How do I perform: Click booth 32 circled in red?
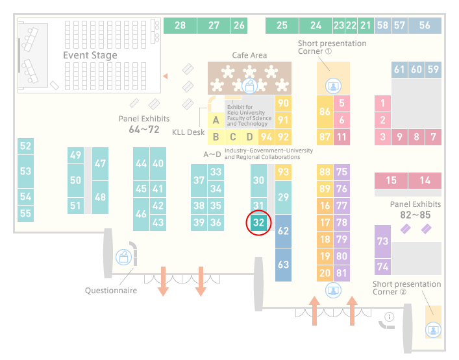pyautogui.click(x=259, y=222)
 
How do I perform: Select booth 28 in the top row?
pyautogui.click(x=180, y=25)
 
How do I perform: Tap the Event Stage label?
pyautogui.click(x=90, y=55)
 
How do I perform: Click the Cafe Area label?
pyautogui.click(x=249, y=55)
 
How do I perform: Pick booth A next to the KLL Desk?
pyautogui.click(x=216, y=120)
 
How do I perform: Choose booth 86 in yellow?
pyautogui.click(x=325, y=112)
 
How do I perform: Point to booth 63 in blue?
pyautogui.click(x=283, y=265)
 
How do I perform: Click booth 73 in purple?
pyautogui.click(x=382, y=241)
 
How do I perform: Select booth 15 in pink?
pyautogui.click(x=391, y=180)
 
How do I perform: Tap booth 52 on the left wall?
pyautogui.click(x=25, y=146)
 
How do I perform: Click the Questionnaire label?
pyautogui.click(x=111, y=291)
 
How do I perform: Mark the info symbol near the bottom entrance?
pyautogui.click(x=390, y=317)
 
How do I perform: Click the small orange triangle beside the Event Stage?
pyautogui.click(x=166, y=77)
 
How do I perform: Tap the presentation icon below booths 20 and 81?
pyautogui.click(x=333, y=291)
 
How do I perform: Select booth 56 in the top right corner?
pyautogui.click(x=425, y=25)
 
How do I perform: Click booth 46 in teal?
pyautogui.click(x=141, y=214)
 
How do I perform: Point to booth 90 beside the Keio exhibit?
pyautogui.click(x=283, y=103)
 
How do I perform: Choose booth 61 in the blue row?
pyautogui.click(x=399, y=69)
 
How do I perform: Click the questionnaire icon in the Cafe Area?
pyautogui.click(x=249, y=86)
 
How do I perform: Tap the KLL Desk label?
pyautogui.click(x=188, y=132)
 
